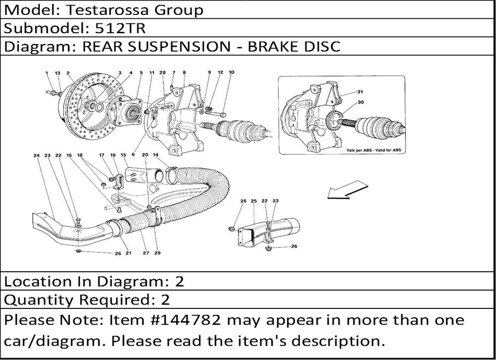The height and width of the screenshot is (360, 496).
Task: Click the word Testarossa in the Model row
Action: pyautogui.click(x=107, y=10)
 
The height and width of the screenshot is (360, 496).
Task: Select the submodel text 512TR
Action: pyautogui.click(x=120, y=28)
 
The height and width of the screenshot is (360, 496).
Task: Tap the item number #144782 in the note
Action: pyautogui.click(x=186, y=320)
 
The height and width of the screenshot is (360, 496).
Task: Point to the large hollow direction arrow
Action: pyautogui.click(x=347, y=190)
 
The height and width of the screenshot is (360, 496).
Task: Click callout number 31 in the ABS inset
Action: pyautogui.click(x=360, y=92)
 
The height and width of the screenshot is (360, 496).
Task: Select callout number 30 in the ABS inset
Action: pyautogui.click(x=361, y=102)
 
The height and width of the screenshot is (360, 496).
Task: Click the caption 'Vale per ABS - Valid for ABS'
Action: pyautogui.click(x=373, y=150)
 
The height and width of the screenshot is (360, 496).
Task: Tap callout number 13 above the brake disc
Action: pyautogui.click(x=57, y=73)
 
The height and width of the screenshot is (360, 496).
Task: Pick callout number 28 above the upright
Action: pyautogui.click(x=162, y=72)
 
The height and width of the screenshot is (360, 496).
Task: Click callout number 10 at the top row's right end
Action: pyautogui.click(x=231, y=72)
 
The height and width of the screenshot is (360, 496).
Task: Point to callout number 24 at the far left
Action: pyautogui.click(x=37, y=155)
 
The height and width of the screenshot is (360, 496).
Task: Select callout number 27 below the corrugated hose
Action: pyautogui.click(x=145, y=253)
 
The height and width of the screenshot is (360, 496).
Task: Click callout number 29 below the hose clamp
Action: pyautogui.click(x=157, y=253)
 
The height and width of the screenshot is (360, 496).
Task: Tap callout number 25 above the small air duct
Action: pyautogui.click(x=253, y=201)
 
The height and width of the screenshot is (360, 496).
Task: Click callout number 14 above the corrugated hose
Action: pyautogui.click(x=155, y=155)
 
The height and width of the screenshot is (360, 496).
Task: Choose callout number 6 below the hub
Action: pyautogui.click(x=133, y=154)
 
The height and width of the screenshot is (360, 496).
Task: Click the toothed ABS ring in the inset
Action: pyautogui.click(x=333, y=120)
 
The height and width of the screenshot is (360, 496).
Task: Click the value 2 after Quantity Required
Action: pyautogui.click(x=166, y=300)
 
